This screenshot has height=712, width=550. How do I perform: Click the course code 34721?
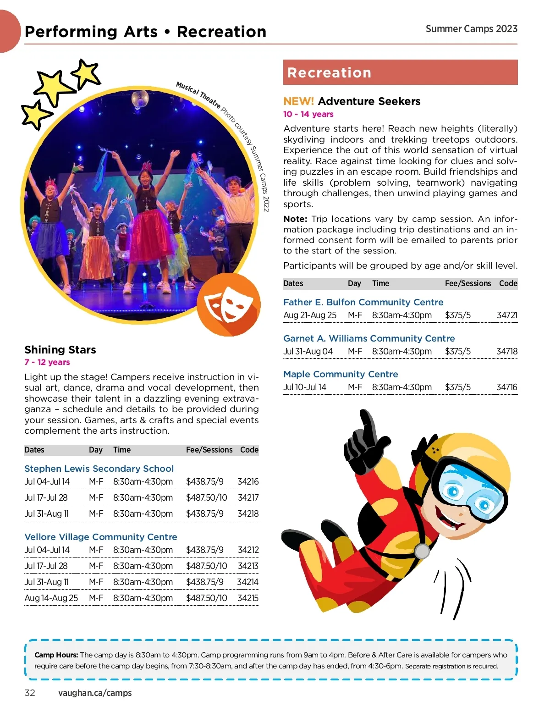coord(507,315)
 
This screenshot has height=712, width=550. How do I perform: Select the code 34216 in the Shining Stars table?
coord(248,482)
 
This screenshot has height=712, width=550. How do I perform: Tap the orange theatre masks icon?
coord(229,304)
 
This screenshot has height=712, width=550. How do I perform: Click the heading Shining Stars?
coord(60,350)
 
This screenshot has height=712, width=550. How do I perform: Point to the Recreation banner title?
coord(329,73)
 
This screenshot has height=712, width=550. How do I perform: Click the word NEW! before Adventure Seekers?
coord(298,101)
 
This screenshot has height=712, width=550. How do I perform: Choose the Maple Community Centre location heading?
coord(341,374)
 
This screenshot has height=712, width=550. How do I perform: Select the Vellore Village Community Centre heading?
coord(100,537)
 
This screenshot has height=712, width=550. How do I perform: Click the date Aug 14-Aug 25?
coord(51,598)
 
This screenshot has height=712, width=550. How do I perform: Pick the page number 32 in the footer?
coord(30,693)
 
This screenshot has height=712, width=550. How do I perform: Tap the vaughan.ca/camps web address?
coord(95,693)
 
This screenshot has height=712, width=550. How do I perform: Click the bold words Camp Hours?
coord(56,655)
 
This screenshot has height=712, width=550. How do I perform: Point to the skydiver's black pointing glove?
coord(365,441)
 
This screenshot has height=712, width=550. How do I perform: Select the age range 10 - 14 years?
coord(308,114)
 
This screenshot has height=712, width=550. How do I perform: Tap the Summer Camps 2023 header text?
coord(471,29)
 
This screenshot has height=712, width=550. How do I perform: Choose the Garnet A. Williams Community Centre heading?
coord(369,338)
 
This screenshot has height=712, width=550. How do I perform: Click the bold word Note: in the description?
coord(295,219)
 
